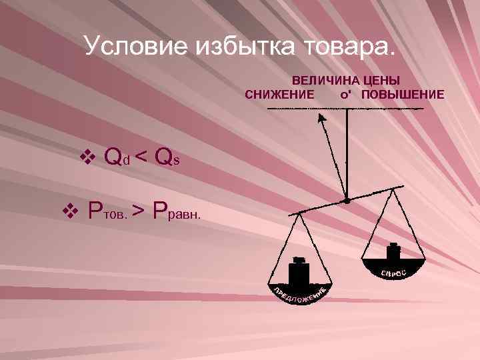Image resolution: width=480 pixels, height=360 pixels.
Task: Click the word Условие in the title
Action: [x=137, y=46]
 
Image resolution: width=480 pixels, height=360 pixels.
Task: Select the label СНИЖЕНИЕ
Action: [x=280, y=94]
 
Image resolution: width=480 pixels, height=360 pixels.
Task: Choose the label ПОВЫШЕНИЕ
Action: [x=403, y=94]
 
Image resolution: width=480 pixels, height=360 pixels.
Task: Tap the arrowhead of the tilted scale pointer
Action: [x=321, y=118]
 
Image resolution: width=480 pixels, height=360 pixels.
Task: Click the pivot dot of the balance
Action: [x=346, y=199]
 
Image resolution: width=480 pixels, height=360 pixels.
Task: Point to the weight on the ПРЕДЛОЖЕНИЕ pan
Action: [x=299, y=273]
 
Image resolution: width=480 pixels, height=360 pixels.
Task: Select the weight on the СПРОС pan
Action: [x=393, y=257]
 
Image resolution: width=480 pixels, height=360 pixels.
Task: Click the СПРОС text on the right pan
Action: [x=393, y=273]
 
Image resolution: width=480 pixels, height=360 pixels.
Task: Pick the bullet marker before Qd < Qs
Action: [x=86, y=157]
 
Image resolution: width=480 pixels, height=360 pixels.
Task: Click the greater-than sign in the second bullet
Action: [x=137, y=212]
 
